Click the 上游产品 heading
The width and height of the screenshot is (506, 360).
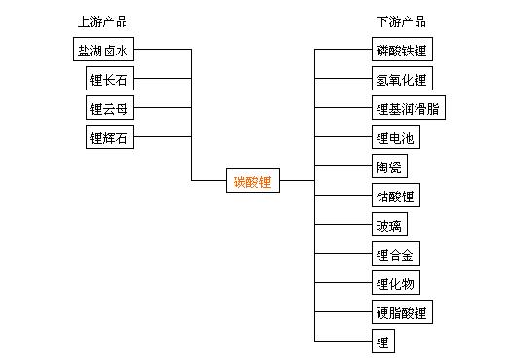[x=102, y=21]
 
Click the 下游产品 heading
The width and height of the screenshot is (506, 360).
[x=401, y=21]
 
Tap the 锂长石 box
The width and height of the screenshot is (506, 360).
[x=107, y=79]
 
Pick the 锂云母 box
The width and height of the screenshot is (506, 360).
[x=107, y=108]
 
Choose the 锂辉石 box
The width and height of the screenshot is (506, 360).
[x=107, y=137]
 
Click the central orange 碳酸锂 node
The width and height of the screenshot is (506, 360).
[x=252, y=180]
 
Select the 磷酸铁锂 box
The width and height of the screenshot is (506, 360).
[x=401, y=50]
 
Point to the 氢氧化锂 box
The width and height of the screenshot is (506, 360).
[x=401, y=79]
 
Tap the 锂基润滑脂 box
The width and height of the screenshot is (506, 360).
[x=408, y=108]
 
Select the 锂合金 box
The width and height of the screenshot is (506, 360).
[x=394, y=254]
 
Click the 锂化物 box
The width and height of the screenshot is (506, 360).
[x=394, y=283]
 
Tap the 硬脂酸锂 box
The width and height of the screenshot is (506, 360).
[x=401, y=312]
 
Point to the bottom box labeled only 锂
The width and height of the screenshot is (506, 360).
[x=382, y=342]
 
